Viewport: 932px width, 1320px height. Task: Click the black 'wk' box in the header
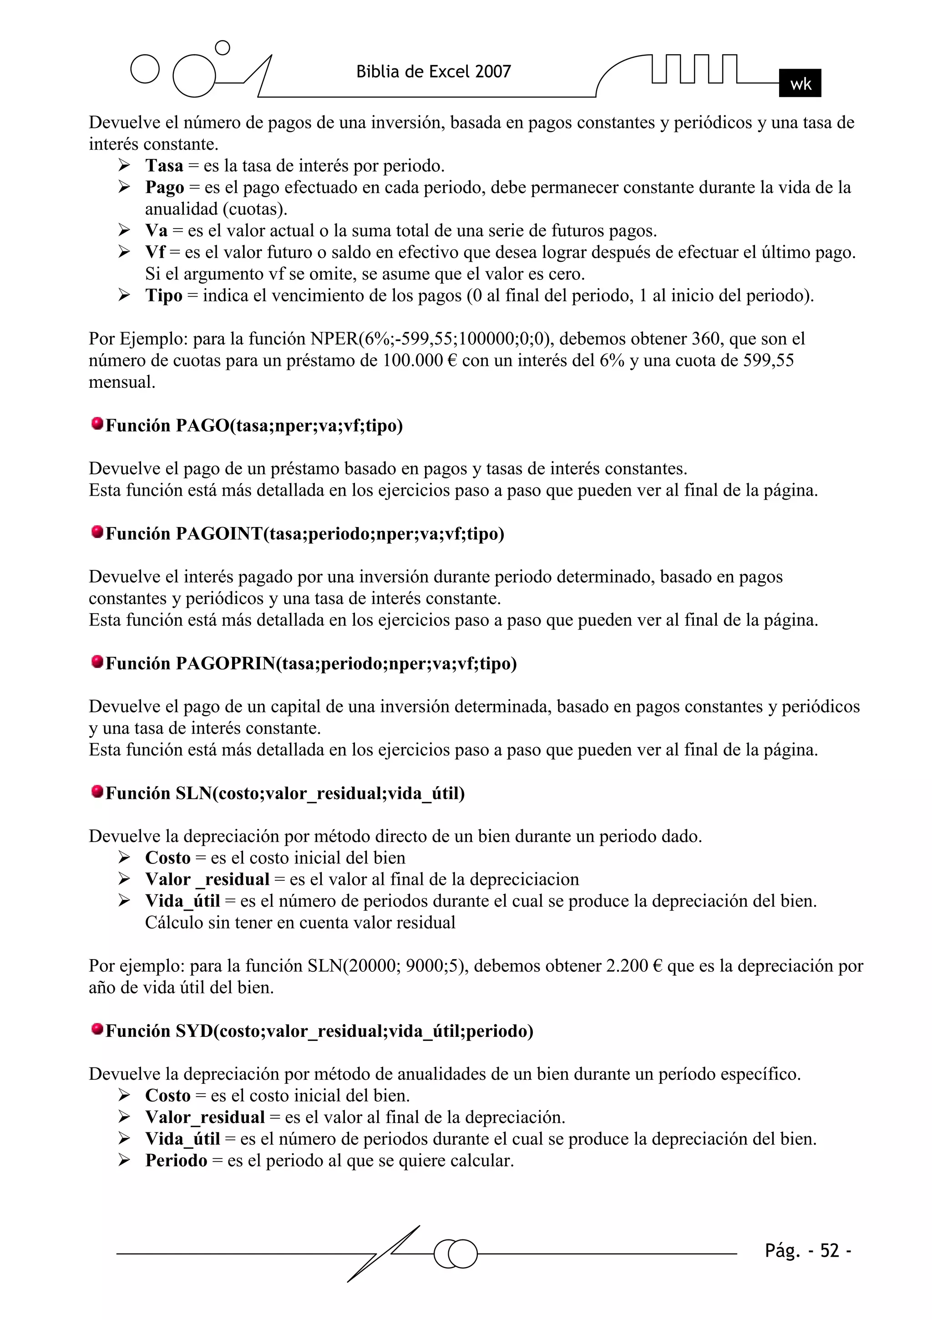pyautogui.click(x=800, y=83)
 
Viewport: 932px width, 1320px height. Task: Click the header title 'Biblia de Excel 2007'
pyautogui.click(x=434, y=72)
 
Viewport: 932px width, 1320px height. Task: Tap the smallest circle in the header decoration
pyautogui.click(x=222, y=48)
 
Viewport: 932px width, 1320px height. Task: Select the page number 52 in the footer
pyautogui.click(x=829, y=1250)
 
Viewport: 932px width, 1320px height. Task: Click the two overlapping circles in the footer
pyautogui.click(x=456, y=1254)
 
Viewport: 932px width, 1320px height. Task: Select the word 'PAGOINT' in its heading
pyautogui.click(x=219, y=533)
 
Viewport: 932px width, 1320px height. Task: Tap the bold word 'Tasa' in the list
pyautogui.click(x=164, y=166)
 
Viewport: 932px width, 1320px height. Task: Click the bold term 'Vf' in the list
pyautogui.click(x=155, y=252)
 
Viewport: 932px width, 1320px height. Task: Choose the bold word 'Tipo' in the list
pyautogui.click(x=163, y=295)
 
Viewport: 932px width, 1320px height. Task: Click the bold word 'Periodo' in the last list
pyautogui.click(x=176, y=1160)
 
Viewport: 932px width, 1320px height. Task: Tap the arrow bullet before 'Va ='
pyautogui.click(x=124, y=230)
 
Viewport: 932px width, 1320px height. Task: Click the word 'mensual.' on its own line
pyautogui.click(x=122, y=382)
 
